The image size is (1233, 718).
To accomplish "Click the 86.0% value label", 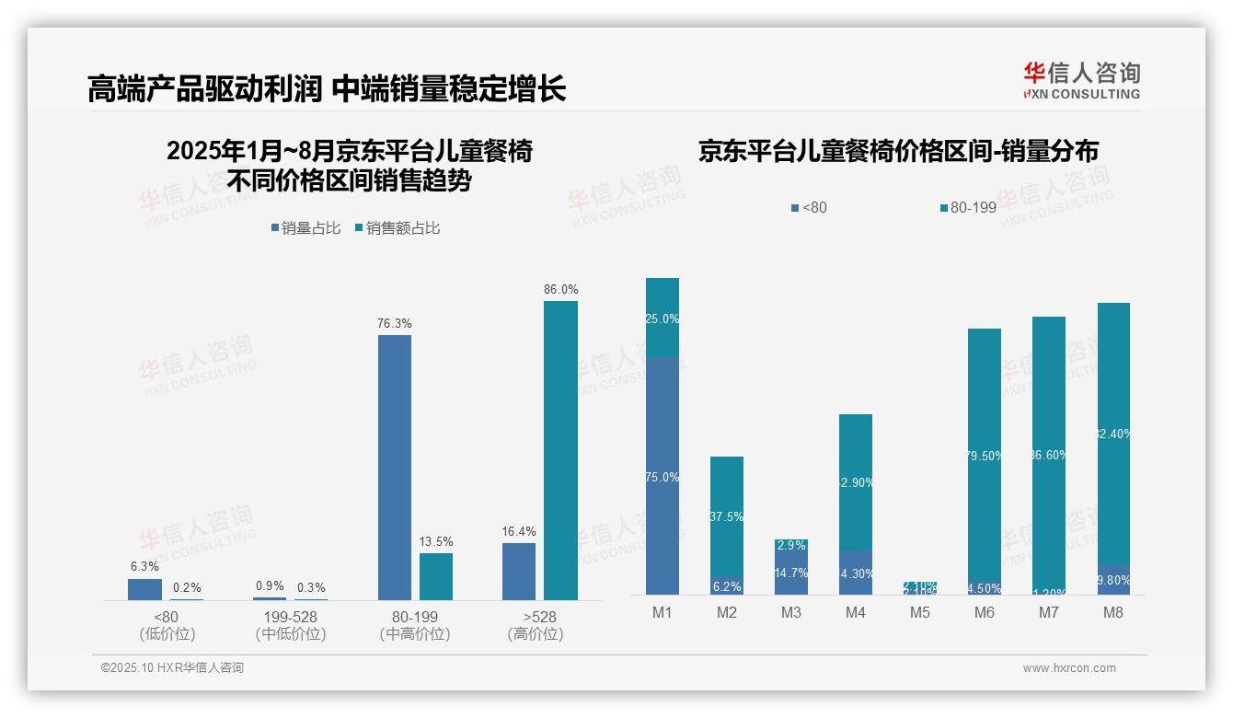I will coord(560,289).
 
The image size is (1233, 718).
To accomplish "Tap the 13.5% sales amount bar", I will coord(436,576).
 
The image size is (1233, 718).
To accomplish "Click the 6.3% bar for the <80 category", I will coord(144,589).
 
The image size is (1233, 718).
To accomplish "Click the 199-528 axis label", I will coord(290,617).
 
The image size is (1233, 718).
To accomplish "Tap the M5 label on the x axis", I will coord(920,612).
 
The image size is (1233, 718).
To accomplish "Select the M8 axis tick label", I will coord(1113,612).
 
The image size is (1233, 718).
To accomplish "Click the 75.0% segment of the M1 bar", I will coord(663,476).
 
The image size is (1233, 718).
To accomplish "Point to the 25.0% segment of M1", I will coord(663,318).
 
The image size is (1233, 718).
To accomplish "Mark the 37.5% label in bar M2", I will coord(727,516).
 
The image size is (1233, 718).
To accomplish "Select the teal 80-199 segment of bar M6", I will coord(985,456).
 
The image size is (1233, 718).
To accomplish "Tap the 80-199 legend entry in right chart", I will coord(968,208).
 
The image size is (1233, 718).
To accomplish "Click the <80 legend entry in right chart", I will coord(809,208).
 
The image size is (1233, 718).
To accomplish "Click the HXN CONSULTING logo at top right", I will coord(1081,80).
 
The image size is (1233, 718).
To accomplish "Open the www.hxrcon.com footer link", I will coord(1069,668).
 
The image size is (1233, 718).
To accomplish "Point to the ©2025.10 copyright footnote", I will coord(172,668).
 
